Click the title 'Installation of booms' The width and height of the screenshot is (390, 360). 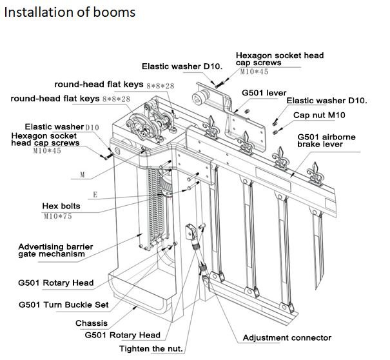(x=70, y=12)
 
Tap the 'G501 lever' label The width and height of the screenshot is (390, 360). (x=264, y=94)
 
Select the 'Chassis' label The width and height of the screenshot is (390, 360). (x=91, y=323)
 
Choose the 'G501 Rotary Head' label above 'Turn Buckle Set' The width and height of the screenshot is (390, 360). (x=55, y=283)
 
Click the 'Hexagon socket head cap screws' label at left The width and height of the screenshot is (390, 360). (x=45, y=139)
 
